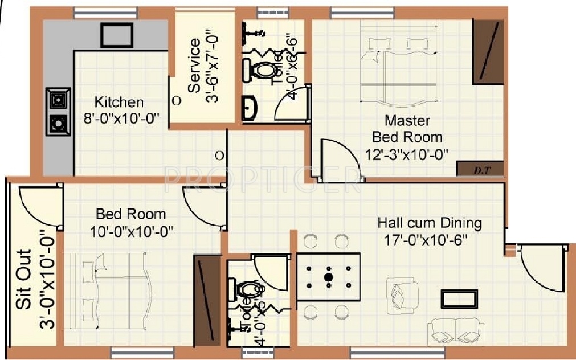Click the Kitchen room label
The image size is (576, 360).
[119, 103]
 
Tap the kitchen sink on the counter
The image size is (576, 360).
[117, 35]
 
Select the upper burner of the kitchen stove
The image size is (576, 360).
[58, 101]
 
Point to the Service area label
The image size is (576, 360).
[194, 66]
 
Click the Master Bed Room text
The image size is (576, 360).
[407, 129]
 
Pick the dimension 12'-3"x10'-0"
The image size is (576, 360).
[407, 153]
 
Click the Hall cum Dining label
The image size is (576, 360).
[430, 222]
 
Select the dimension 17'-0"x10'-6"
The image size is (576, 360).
[426, 239]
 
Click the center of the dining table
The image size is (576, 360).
[328, 277]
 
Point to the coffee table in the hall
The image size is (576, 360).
[459, 300]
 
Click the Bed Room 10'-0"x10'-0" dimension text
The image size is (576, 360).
[131, 231]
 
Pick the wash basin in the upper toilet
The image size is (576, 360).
[249, 109]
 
